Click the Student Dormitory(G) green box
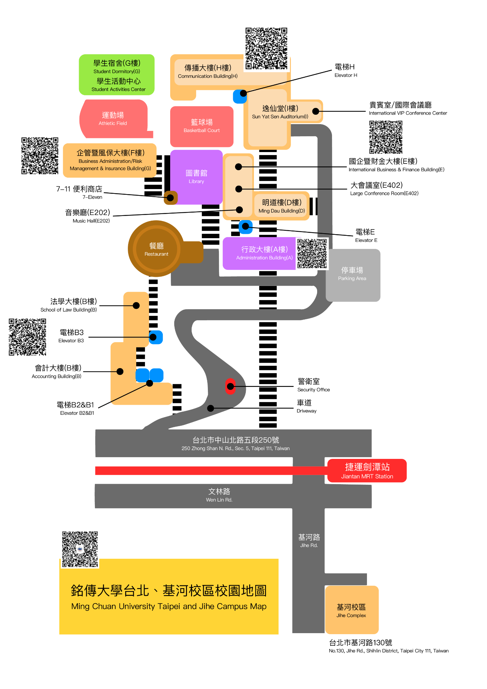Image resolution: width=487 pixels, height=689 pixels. tap(117, 75)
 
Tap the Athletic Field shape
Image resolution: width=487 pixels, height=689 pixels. tap(114, 119)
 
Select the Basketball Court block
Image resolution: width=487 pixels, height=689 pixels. tap(202, 126)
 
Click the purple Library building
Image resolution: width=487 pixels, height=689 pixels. tap(196, 177)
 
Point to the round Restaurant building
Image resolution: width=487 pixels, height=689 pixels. tap(156, 249)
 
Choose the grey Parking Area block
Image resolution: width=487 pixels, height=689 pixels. tap(353, 275)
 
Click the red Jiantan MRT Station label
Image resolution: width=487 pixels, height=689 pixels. tap(367, 471)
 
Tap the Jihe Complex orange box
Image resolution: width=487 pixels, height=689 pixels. tap(351, 610)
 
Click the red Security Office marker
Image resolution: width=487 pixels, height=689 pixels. tap(230, 387)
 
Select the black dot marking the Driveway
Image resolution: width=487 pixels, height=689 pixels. tap(211, 408)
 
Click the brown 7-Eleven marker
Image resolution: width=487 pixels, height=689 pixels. tap(171, 197)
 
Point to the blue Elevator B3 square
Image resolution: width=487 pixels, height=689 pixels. tap(155, 337)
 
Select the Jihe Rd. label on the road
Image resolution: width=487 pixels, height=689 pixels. tap(309, 540)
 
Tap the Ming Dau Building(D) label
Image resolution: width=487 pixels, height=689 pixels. tap(282, 206)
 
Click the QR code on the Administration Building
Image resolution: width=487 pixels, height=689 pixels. tap(312, 253)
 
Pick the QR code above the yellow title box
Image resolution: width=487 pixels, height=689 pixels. tap(80, 549)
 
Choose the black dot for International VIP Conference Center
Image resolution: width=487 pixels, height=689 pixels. tap(315, 111)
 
